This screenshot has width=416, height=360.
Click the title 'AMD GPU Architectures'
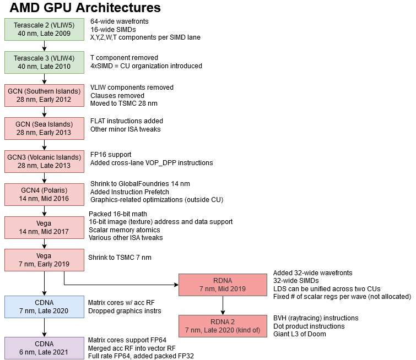(85, 8)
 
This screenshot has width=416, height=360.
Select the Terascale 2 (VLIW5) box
(44, 29)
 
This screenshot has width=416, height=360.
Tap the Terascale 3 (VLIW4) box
(44, 62)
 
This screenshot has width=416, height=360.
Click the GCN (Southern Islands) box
(44, 95)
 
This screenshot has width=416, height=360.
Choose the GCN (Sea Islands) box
(44, 128)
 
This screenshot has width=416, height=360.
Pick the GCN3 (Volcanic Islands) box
(44, 161)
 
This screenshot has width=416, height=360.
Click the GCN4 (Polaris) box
(44, 194)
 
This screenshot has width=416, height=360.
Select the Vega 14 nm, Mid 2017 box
(44, 227)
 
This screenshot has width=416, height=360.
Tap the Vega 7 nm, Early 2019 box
(44, 260)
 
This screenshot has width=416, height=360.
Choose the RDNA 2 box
(223, 325)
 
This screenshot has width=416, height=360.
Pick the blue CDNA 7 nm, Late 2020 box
(44, 307)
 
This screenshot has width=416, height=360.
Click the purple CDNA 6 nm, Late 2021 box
(44, 348)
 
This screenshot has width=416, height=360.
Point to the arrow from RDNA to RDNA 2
(223, 305)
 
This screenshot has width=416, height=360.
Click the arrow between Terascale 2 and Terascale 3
(44, 46)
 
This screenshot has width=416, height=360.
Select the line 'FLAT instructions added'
(127, 121)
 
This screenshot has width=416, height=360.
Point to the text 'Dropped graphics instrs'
(125, 310)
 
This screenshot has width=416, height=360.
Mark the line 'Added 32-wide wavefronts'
(312, 272)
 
